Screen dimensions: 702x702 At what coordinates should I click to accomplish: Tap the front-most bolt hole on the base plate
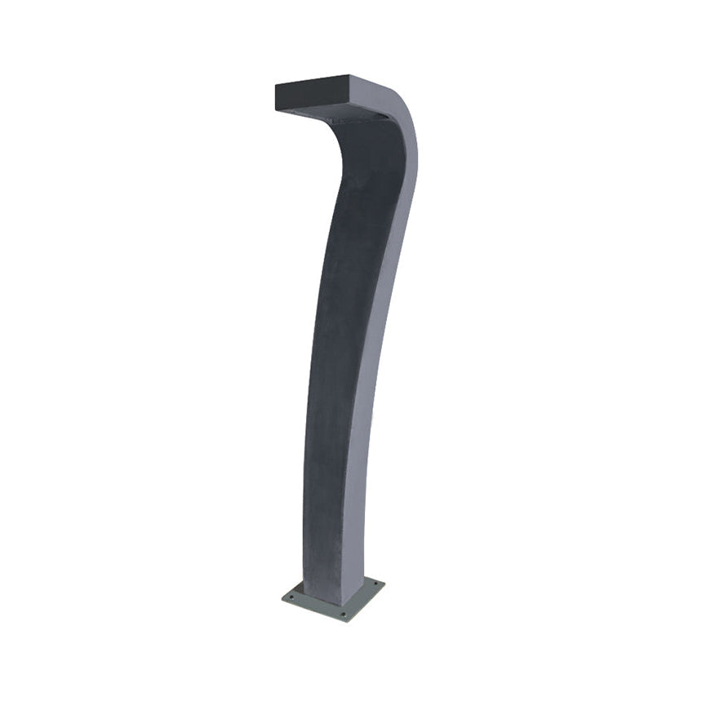click(344, 614)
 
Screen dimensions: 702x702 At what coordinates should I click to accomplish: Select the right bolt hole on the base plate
click(375, 584)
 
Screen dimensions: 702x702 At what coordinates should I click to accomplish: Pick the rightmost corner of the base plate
click(384, 583)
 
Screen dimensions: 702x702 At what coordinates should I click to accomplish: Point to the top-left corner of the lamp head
click(276, 84)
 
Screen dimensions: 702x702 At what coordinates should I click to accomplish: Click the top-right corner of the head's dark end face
click(349, 77)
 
